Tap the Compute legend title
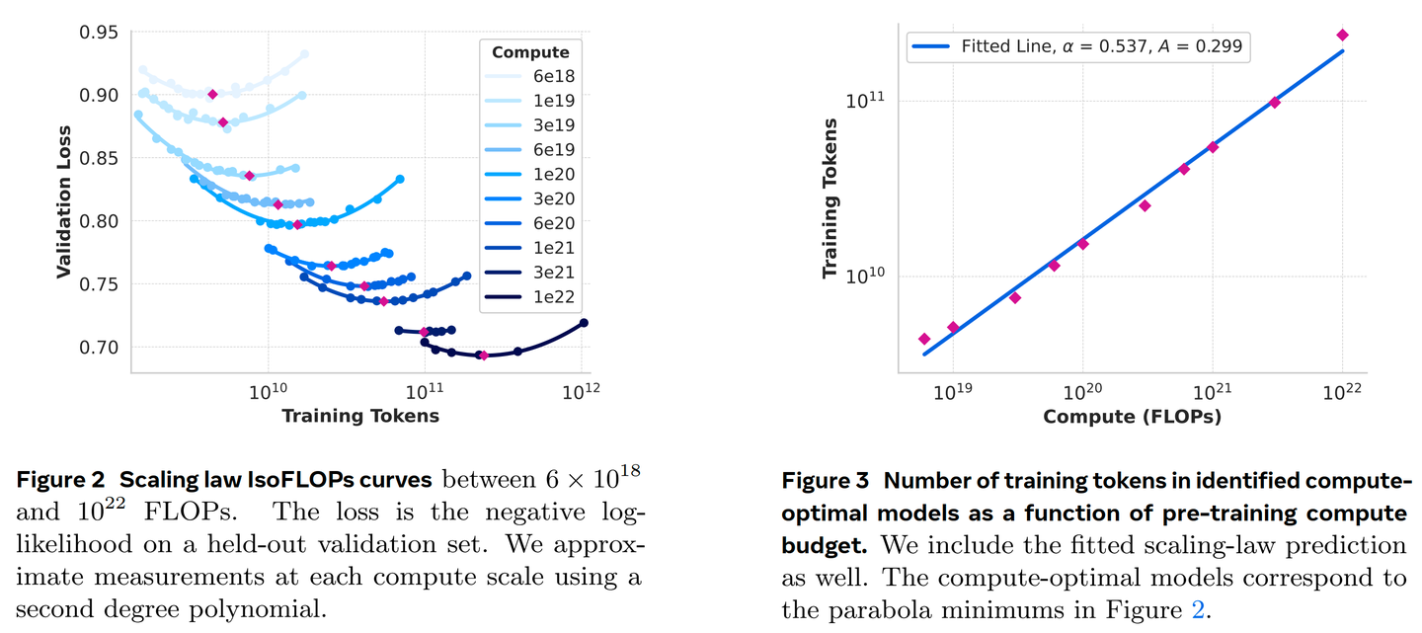[x=530, y=52]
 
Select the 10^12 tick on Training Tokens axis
[x=583, y=389]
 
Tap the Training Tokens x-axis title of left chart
[x=359, y=415]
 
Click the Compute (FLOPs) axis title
[x=1132, y=417]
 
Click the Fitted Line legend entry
[x=1077, y=45]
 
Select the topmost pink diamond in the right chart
[x=1342, y=35]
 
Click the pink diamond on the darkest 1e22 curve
[x=483, y=356]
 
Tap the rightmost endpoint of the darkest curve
[x=584, y=323]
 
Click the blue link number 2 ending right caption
[x=1198, y=610]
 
